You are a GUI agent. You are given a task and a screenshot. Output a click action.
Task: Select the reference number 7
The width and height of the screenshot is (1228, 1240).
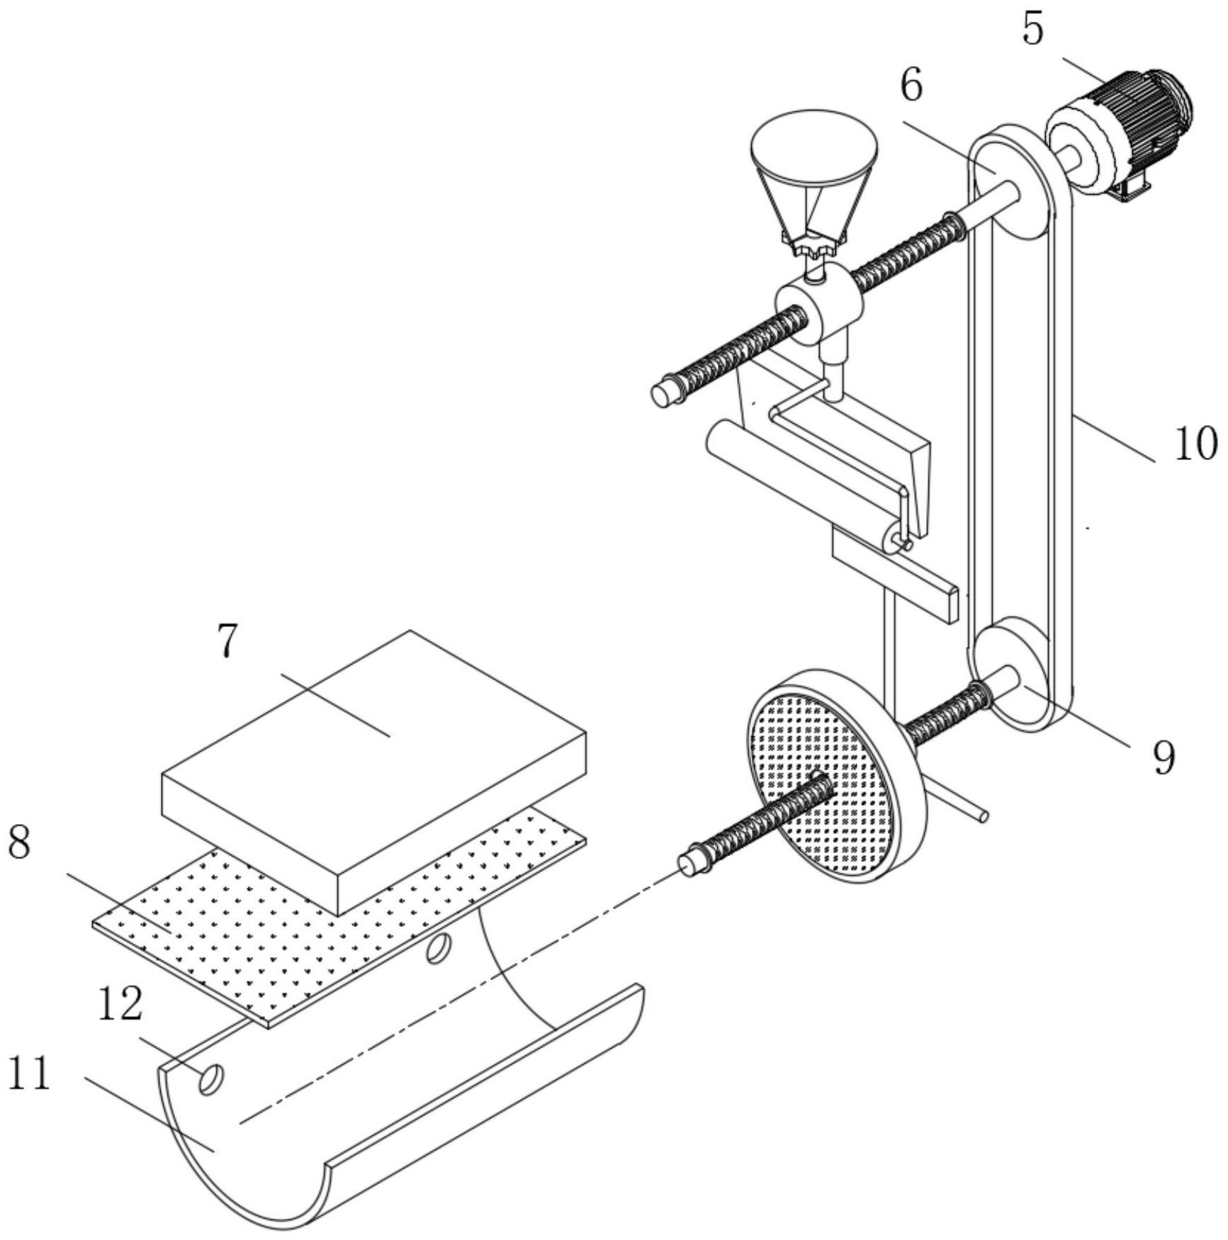pyautogui.click(x=226, y=641)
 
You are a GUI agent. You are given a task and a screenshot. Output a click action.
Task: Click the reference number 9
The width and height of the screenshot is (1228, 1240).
pyautogui.click(x=1163, y=758)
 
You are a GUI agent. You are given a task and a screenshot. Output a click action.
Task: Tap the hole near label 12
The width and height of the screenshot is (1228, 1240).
pyautogui.click(x=211, y=1080)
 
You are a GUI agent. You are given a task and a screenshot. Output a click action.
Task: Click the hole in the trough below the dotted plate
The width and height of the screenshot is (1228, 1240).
pyautogui.click(x=438, y=949)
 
